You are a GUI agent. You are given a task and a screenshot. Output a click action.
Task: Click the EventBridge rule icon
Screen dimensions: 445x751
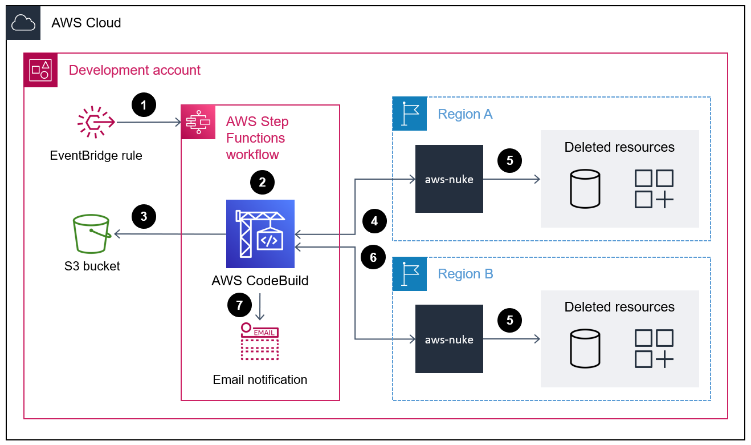tap(96, 122)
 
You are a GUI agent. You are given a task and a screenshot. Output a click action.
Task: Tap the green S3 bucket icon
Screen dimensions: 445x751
tap(91, 233)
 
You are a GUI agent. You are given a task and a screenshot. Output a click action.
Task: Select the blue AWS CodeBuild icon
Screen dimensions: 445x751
tap(260, 234)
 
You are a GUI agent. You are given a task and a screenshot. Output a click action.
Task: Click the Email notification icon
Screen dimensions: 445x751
tap(260, 342)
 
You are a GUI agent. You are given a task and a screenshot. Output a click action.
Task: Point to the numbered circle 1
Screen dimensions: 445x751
tap(144, 106)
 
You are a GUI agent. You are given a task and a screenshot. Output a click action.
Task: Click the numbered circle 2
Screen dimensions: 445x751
tap(262, 183)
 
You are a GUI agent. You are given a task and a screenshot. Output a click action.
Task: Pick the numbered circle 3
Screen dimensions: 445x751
tap(144, 217)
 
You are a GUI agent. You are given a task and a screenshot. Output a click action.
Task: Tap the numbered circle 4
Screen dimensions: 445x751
tap(374, 221)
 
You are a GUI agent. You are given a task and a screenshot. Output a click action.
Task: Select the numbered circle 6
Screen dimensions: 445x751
tap(373, 258)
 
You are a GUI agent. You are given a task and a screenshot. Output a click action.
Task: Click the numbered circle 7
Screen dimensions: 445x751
tap(239, 305)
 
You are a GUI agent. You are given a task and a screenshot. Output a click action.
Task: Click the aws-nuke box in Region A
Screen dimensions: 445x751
tap(449, 179)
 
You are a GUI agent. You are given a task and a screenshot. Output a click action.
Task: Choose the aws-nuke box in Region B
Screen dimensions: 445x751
tap(449, 339)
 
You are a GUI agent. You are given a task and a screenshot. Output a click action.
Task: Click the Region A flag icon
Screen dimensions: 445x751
tap(410, 114)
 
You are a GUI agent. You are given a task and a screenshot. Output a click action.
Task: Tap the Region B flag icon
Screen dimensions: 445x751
tap(410, 274)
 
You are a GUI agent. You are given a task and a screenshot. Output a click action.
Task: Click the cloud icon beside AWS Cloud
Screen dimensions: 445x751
tap(23, 23)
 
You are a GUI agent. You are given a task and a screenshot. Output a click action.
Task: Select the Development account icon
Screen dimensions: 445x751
tap(41, 70)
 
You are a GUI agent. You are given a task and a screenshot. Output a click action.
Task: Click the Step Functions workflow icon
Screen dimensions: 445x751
tap(198, 122)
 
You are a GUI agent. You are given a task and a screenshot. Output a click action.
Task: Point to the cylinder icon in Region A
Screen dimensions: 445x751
tap(585, 188)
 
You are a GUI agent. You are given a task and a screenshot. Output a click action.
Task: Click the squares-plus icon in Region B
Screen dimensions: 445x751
tap(654, 348)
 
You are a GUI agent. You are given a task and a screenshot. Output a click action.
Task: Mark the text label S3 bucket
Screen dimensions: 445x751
tap(92, 266)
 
